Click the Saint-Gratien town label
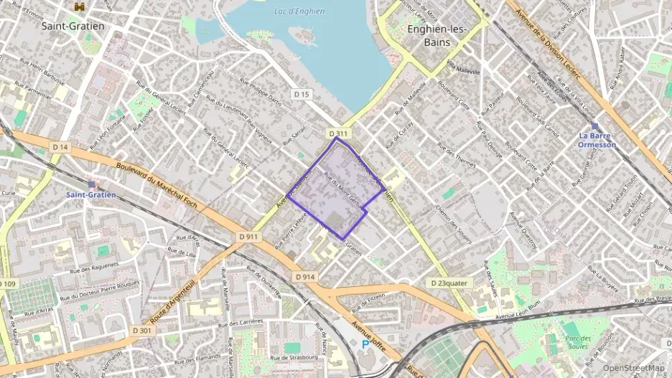tap(73, 26)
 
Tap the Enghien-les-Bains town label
tap(437, 36)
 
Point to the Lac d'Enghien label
tap(299, 11)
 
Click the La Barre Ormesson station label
tap(597, 140)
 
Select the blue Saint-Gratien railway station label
tap(92, 194)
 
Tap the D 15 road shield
tap(302, 94)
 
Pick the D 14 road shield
tap(60, 148)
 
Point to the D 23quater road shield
tap(449, 283)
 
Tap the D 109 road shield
tap(6, 285)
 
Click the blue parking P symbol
tap(365, 344)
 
